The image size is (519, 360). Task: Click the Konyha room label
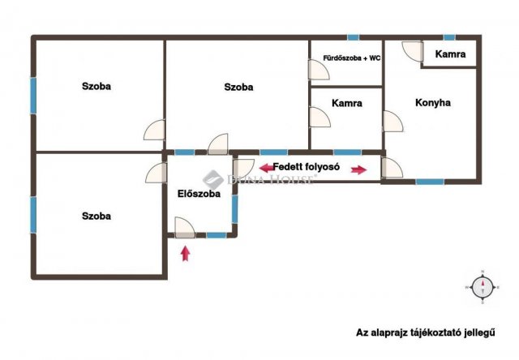(432, 103)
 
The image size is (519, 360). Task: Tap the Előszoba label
(199, 194)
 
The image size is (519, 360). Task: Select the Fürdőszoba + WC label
(351, 58)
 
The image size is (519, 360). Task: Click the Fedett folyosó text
(307, 167)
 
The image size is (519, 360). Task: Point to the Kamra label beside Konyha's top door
(450, 54)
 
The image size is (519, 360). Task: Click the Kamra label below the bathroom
(346, 103)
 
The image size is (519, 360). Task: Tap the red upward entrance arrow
(186, 254)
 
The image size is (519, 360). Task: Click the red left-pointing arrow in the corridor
(267, 168)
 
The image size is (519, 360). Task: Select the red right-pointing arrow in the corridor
(358, 170)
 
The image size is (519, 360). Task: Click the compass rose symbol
(483, 287)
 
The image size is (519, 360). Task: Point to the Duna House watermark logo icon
(213, 180)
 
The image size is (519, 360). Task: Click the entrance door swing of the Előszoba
(185, 228)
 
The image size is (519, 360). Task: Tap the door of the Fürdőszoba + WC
(319, 70)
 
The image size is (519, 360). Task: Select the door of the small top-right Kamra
(413, 51)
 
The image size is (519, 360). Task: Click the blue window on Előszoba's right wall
(234, 209)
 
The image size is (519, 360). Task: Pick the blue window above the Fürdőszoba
(354, 37)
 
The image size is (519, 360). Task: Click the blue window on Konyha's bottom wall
(430, 182)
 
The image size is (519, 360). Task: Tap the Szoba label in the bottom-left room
(97, 216)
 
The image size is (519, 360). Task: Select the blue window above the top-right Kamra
(449, 37)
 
